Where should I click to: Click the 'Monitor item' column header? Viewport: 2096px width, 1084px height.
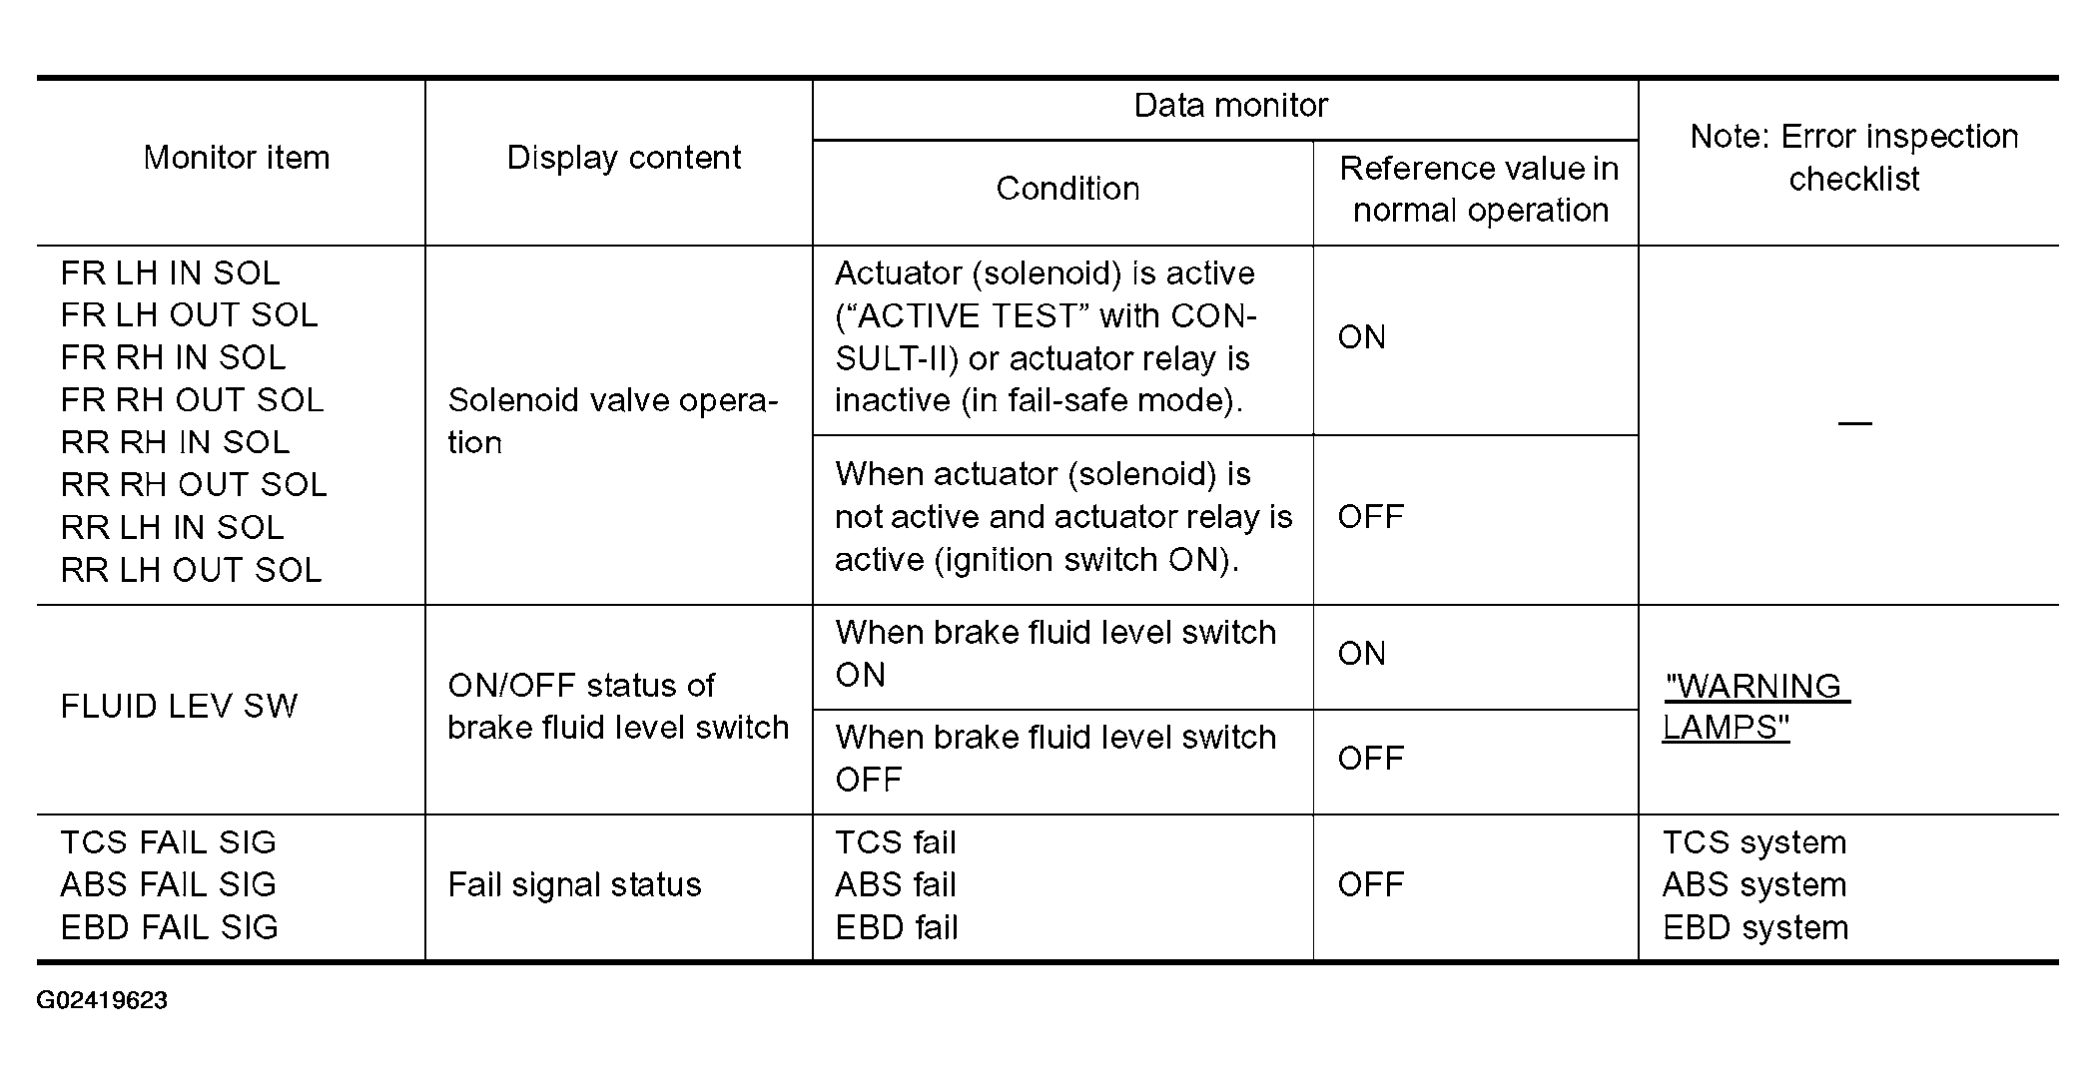237,158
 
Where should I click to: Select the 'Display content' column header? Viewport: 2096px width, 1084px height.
624,158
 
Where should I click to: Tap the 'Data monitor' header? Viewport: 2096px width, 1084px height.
1230,106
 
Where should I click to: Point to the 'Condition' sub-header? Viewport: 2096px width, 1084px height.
1067,189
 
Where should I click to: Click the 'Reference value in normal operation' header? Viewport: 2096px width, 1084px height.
1479,190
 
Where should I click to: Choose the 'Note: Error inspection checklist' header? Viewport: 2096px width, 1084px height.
1853,158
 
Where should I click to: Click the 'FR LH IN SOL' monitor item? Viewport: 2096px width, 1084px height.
170,273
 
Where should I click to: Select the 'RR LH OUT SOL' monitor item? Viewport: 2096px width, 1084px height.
191,570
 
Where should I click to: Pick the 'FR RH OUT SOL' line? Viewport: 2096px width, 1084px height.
192,400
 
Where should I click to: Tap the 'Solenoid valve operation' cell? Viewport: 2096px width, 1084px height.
611,421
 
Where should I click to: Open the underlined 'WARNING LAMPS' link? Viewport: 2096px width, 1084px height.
1754,707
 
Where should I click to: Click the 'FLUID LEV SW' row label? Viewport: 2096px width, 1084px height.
179,707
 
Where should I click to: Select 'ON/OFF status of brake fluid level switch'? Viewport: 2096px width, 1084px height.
617,707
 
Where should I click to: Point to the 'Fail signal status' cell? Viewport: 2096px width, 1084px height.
574,885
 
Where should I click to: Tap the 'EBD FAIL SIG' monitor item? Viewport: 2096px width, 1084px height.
169,927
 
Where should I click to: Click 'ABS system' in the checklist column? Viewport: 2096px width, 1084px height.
1753,885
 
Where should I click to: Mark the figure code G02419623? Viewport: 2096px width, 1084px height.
102,1000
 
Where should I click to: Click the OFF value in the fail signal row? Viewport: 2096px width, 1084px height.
1370,885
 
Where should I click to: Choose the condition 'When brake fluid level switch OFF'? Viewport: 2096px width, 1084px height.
1055,759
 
